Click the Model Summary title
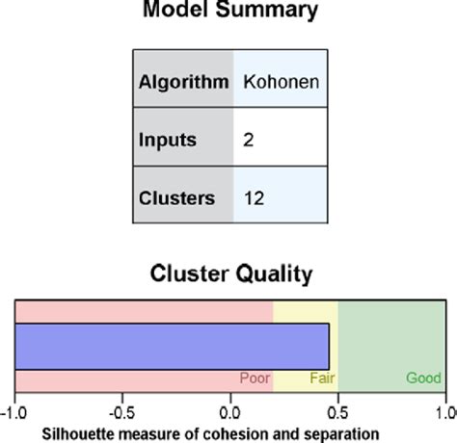(230, 12)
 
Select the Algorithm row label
(183, 82)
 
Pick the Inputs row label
(168, 141)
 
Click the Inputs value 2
(248, 141)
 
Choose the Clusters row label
(177, 198)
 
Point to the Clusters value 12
(254, 198)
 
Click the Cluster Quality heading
(231, 274)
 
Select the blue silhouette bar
(174, 346)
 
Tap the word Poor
(255, 378)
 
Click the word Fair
(322, 378)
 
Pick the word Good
(422, 378)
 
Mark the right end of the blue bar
(329, 346)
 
